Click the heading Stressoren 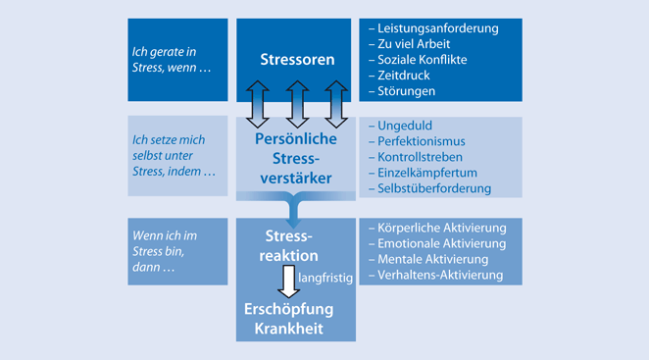[x=296, y=60]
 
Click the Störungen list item [x=405, y=91]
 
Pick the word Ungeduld [x=404, y=127]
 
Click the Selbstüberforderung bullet [x=434, y=189]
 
